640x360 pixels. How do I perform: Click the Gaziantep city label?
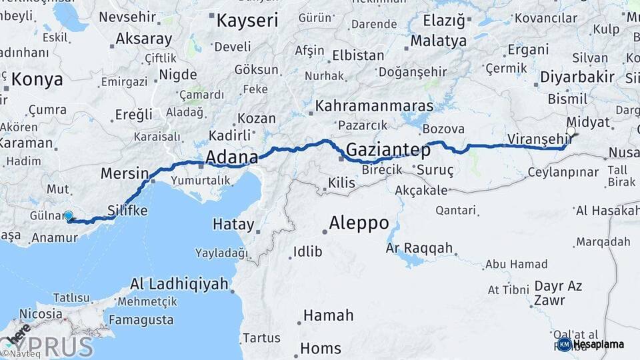click(387, 149)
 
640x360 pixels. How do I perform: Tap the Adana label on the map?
click(231, 157)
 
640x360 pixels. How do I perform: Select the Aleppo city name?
click(359, 222)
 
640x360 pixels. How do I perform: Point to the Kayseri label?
click(247, 20)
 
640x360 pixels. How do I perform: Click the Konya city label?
click(37, 80)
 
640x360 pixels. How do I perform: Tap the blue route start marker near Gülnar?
click(69, 216)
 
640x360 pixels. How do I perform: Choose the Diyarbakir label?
click(577, 77)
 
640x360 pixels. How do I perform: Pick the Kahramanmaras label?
click(374, 106)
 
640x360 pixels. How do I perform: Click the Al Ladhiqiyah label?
click(179, 284)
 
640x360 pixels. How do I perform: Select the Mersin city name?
click(125, 174)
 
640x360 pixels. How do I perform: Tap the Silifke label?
click(127, 210)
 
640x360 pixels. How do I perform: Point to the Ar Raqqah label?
click(419, 249)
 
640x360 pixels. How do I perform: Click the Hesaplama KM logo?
click(590, 344)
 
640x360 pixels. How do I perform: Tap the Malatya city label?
click(438, 41)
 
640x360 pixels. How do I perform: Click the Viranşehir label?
click(539, 139)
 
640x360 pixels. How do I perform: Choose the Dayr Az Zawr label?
click(558, 293)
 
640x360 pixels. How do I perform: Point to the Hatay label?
click(233, 224)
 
